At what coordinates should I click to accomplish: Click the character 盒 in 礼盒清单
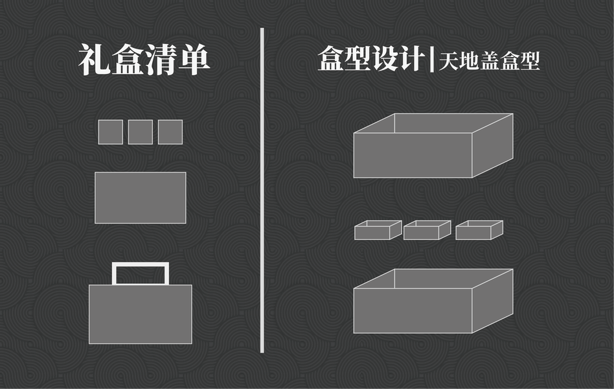128,60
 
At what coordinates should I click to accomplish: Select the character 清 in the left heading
161,60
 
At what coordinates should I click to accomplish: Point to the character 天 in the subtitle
450,62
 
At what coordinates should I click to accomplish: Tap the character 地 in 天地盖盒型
472,62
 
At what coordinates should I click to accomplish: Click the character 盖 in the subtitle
495,62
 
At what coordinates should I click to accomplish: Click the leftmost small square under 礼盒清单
110,132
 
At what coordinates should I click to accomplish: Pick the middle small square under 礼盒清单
140,132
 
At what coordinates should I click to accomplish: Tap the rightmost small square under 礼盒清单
170,132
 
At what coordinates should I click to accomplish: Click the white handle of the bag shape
140,265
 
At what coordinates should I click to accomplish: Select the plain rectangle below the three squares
140,198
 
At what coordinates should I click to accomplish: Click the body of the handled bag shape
140,314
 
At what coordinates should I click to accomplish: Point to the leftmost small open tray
375,232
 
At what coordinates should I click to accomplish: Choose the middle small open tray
424,232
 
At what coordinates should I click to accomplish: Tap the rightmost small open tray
475,232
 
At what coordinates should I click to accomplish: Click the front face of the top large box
412,155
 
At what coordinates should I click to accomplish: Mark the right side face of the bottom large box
492,301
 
